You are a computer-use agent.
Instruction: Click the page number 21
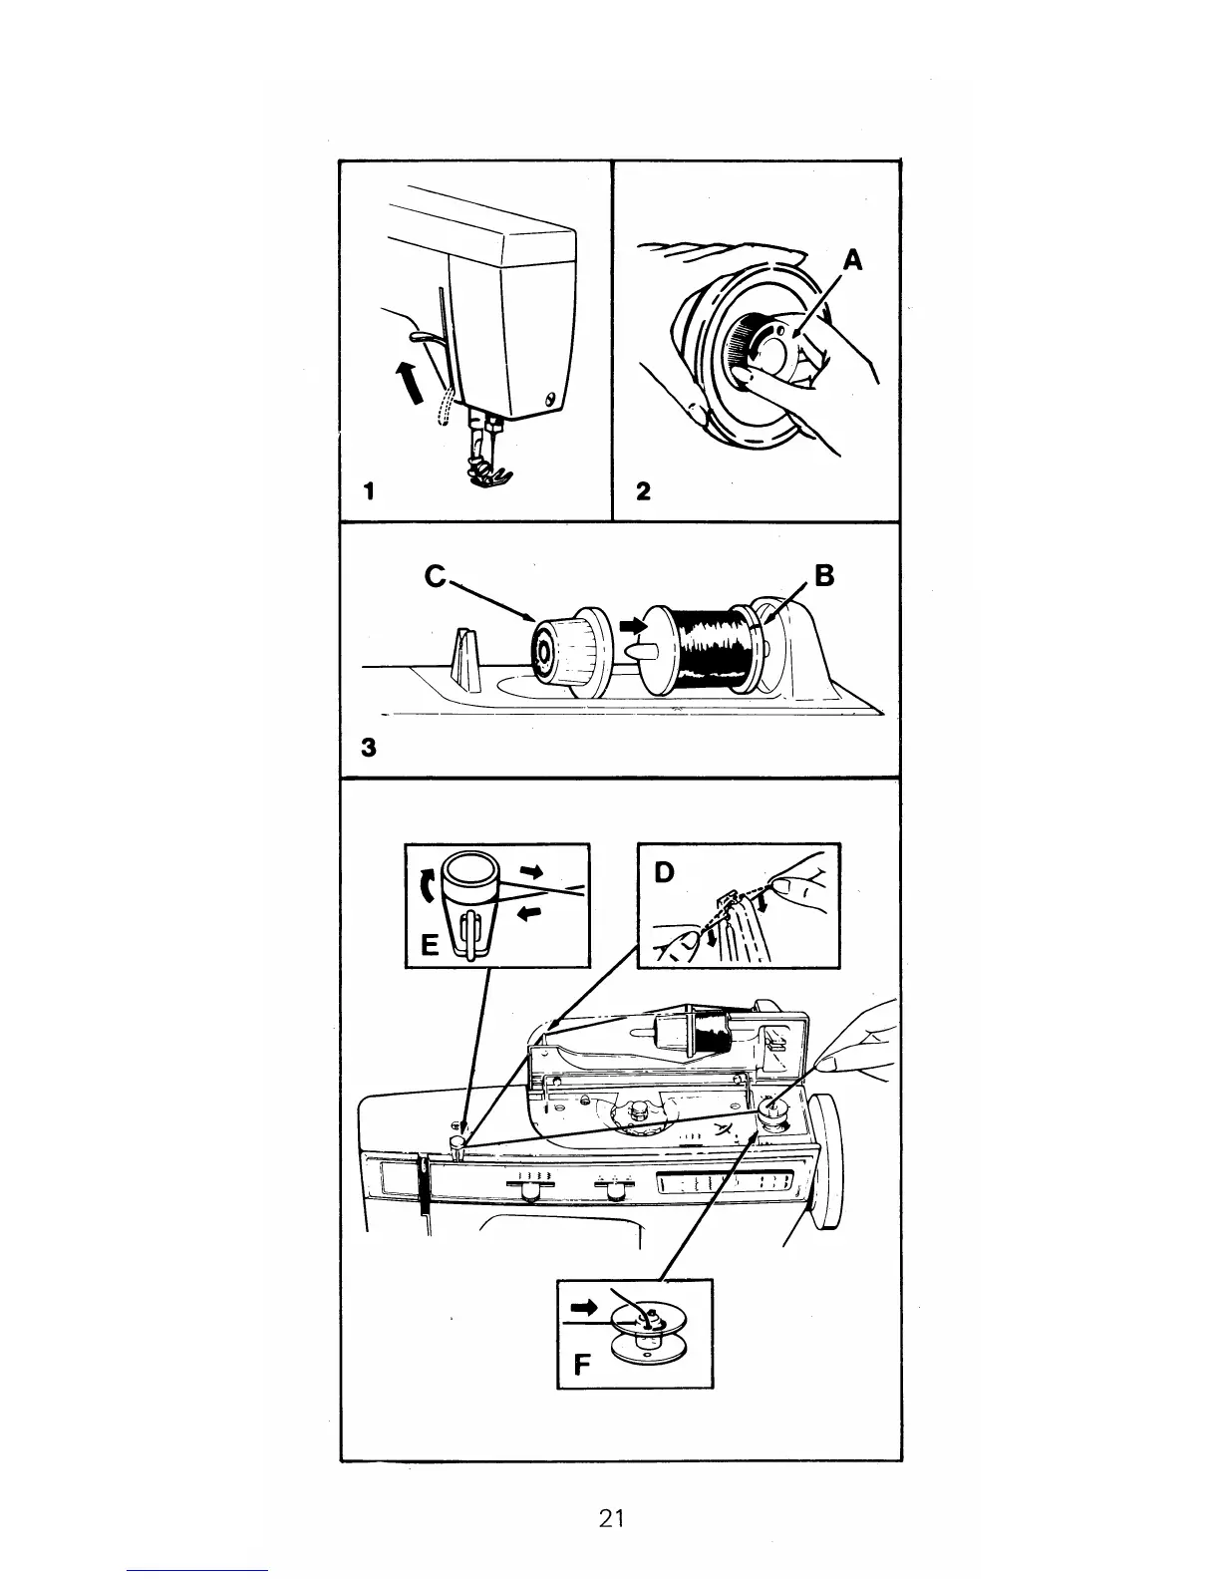(x=611, y=1518)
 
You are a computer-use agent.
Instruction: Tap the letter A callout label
(x=851, y=261)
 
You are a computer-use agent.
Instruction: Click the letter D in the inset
(x=664, y=873)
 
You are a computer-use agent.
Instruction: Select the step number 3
(x=370, y=748)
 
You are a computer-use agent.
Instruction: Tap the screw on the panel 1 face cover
(x=550, y=400)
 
